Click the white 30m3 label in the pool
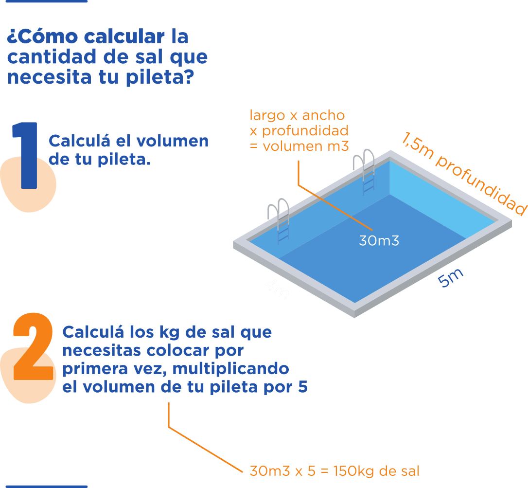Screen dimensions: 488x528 pos(379,240)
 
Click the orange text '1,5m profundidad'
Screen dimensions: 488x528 pos(463,173)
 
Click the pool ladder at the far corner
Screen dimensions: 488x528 pos(367,171)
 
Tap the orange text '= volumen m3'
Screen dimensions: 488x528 pos(299,145)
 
